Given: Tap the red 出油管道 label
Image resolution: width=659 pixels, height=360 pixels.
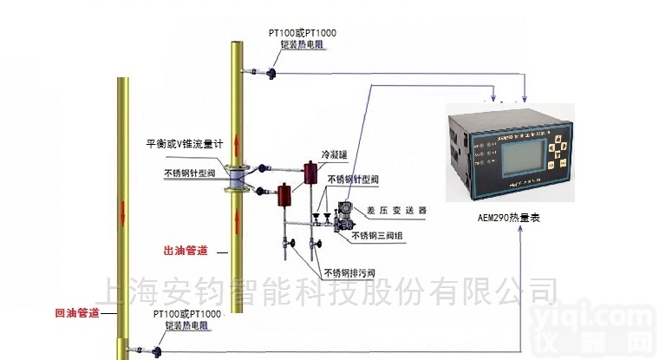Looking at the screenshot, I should pyautogui.click(x=186, y=252).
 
